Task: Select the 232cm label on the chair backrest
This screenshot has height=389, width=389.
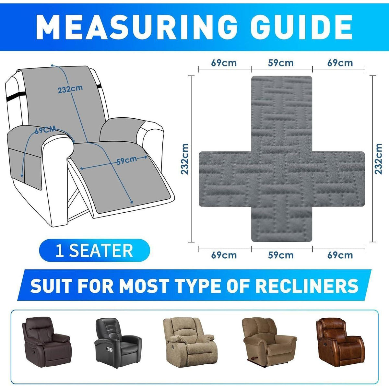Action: coord(70,89)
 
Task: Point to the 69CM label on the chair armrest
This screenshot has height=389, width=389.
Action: coord(45,130)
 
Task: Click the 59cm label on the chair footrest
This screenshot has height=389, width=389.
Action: coord(126,160)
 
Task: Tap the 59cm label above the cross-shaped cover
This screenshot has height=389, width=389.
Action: coord(281,63)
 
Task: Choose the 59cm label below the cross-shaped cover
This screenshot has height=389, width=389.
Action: coord(281,255)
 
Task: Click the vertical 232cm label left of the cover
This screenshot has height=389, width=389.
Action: coord(184,159)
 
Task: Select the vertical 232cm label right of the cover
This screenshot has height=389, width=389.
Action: coord(379,159)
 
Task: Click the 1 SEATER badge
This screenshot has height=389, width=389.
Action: coord(94,250)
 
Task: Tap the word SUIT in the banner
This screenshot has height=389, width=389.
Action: coord(51,286)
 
